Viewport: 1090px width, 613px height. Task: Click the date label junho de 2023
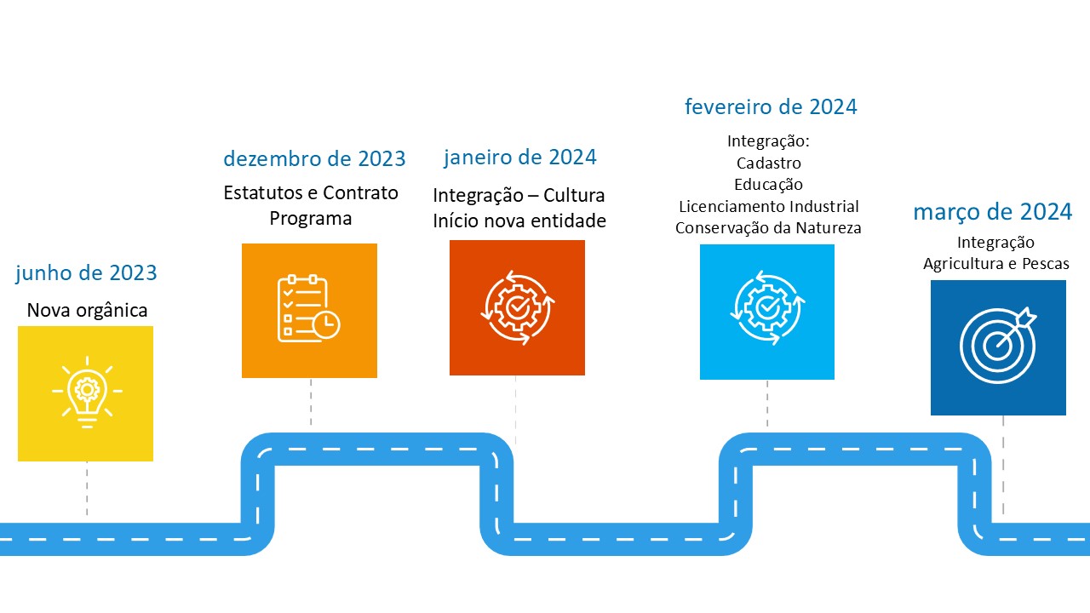coord(86,273)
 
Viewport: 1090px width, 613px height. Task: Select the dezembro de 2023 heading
coord(314,158)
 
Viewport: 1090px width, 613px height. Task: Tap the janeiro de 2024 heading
coord(519,158)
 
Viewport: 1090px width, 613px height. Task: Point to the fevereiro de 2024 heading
coord(771,107)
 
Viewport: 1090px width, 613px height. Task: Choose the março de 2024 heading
coord(993,212)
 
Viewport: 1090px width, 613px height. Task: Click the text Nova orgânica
coord(87,311)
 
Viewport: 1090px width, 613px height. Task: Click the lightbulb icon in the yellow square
coord(87,392)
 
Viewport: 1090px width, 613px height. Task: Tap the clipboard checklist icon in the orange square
coord(308,308)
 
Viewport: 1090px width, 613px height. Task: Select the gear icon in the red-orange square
coord(517,307)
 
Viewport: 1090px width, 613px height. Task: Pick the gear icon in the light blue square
coord(767,308)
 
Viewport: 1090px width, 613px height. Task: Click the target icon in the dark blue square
coord(998,346)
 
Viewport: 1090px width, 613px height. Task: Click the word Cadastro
coord(768,163)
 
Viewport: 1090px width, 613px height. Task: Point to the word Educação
coord(768,185)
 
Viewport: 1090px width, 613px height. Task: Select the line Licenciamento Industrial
coord(768,206)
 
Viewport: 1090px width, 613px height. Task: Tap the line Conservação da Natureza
coord(768,228)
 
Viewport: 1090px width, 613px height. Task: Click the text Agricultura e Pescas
coord(996,264)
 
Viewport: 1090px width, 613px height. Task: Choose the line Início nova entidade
coord(519,221)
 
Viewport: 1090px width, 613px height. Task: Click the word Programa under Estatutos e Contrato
coord(311,219)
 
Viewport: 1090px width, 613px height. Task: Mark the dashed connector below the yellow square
coord(87,489)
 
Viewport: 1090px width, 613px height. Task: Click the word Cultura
coord(574,195)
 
